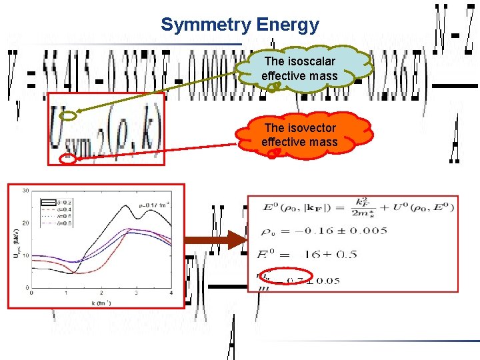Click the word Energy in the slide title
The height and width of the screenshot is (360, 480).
point(292,25)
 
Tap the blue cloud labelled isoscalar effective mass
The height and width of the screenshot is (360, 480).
point(299,69)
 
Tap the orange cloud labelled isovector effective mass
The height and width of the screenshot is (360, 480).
point(299,135)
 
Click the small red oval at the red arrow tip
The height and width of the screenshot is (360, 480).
point(67,159)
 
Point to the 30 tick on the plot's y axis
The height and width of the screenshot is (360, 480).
point(25,191)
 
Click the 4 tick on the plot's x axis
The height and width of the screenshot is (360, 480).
point(171,293)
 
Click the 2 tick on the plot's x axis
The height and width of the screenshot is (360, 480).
point(102,293)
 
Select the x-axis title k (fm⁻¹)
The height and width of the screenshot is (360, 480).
point(101,303)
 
